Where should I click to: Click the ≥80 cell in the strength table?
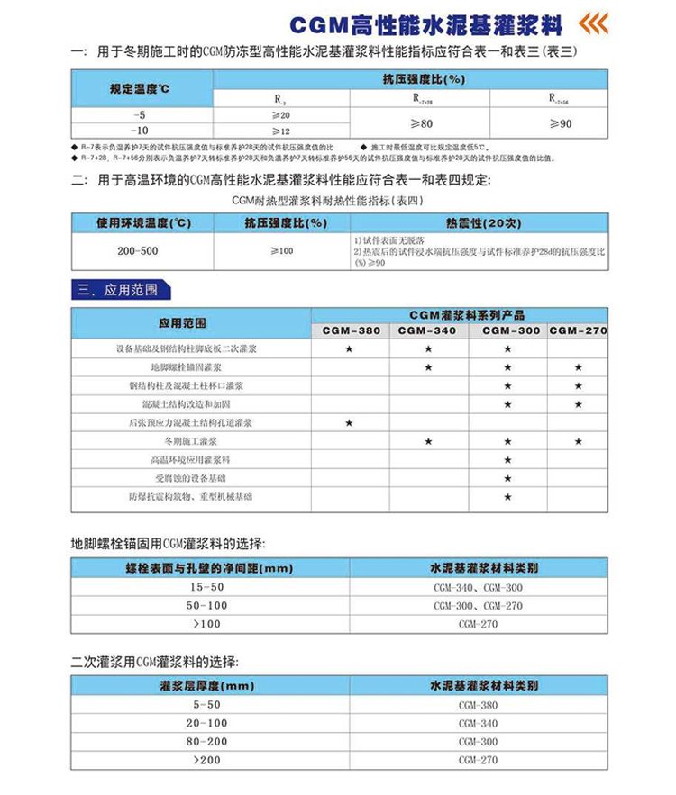pyautogui.click(x=420, y=123)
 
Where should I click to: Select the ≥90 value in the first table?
pyautogui.click(x=560, y=123)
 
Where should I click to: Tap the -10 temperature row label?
pyautogui.click(x=141, y=131)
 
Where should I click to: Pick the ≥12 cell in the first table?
pyautogui.click(x=280, y=131)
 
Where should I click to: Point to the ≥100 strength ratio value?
pyautogui.click(x=281, y=250)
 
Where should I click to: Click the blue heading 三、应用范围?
pyautogui.click(x=118, y=290)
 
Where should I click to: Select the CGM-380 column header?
pyautogui.click(x=351, y=330)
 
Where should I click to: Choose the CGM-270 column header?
pyautogui.click(x=577, y=330)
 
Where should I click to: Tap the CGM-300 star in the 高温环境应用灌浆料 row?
pyautogui.click(x=507, y=459)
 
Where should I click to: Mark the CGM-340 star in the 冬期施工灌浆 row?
pyautogui.click(x=428, y=441)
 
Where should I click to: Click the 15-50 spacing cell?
pyautogui.click(x=207, y=587)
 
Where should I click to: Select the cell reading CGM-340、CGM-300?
pyautogui.click(x=479, y=587)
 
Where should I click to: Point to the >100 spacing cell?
pyautogui.click(x=207, y=623)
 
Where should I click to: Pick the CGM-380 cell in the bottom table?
pyautogui.click(x=479, y=705)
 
